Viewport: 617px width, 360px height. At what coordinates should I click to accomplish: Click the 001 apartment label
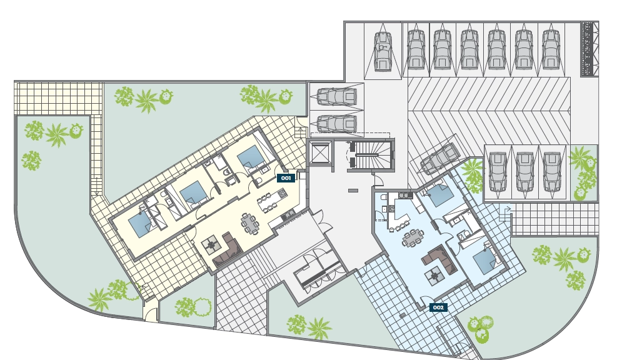[286, 178]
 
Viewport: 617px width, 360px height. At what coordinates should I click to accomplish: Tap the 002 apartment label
[438, 307]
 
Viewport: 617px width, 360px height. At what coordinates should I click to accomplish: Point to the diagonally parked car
[440, 159]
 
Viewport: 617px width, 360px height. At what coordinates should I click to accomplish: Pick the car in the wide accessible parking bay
[383, 51]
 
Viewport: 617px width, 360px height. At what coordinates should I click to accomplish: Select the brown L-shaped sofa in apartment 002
[440, 259]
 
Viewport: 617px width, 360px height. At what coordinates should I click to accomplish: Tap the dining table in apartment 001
[250, 224]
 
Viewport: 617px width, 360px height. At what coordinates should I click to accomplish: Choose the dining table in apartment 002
[413, 237]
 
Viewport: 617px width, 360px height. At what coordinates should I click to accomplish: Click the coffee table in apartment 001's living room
[211, 245]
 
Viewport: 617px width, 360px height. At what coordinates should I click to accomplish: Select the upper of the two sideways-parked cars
[337, 96]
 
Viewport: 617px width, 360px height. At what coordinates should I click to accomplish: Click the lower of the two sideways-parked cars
[337, 123]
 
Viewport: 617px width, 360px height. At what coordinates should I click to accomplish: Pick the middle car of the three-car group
[524, 172]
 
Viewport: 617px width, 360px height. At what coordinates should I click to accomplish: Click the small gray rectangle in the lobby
[353, 191]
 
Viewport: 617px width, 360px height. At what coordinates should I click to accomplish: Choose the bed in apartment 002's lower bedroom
[484, 261]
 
